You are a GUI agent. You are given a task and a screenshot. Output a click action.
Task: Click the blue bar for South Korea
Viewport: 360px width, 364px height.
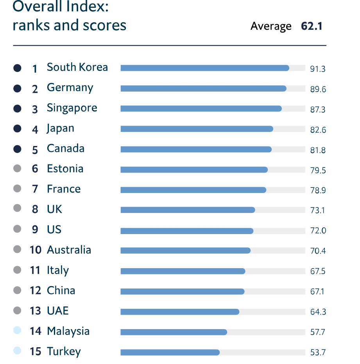205,68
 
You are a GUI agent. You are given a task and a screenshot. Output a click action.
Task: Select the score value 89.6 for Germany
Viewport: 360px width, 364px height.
318,89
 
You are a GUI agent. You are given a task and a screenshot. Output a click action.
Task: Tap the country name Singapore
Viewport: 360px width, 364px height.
72,108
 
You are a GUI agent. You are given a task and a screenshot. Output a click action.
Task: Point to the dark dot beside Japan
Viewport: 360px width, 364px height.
17,128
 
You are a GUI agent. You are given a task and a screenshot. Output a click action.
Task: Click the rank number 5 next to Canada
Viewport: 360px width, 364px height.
35,150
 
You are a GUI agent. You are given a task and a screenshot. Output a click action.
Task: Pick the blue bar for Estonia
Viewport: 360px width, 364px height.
194,170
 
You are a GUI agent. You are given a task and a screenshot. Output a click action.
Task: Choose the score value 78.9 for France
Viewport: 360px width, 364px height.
318,190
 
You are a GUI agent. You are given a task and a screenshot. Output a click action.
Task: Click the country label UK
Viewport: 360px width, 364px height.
54,209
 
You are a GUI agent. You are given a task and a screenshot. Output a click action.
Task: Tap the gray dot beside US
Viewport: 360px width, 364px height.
17,229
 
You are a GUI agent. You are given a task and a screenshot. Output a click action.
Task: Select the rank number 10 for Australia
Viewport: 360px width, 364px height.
35,250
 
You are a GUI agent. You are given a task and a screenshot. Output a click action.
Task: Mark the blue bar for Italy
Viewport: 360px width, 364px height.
183,271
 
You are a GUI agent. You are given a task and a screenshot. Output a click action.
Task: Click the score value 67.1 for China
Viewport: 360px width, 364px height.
317,292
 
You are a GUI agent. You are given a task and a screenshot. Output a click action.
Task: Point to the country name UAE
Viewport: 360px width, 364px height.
57,311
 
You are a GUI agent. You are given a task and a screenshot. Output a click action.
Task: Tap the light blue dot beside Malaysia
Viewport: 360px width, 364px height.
17,331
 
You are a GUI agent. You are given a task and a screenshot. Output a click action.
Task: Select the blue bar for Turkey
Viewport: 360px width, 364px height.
170,352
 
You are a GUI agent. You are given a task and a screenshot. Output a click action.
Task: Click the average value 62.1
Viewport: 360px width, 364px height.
312,26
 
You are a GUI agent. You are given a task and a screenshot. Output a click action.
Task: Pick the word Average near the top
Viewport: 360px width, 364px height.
271,26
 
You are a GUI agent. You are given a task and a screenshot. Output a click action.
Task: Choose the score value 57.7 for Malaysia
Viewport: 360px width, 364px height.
318,332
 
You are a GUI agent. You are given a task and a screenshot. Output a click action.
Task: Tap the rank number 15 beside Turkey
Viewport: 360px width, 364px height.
35,351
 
